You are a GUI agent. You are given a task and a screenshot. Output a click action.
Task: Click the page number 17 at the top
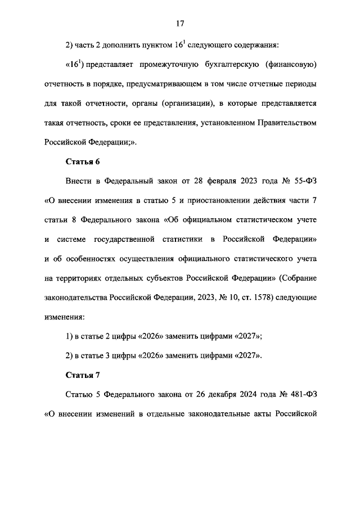(x=180, y=24)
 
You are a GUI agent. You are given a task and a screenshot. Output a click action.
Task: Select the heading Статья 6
(x=83, y=162)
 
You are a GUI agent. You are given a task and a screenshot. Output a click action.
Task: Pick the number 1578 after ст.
(x=242, y=298)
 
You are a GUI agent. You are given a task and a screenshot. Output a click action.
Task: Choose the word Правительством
(x=285, y=122)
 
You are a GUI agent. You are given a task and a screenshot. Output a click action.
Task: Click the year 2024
(x=252, y=395)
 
